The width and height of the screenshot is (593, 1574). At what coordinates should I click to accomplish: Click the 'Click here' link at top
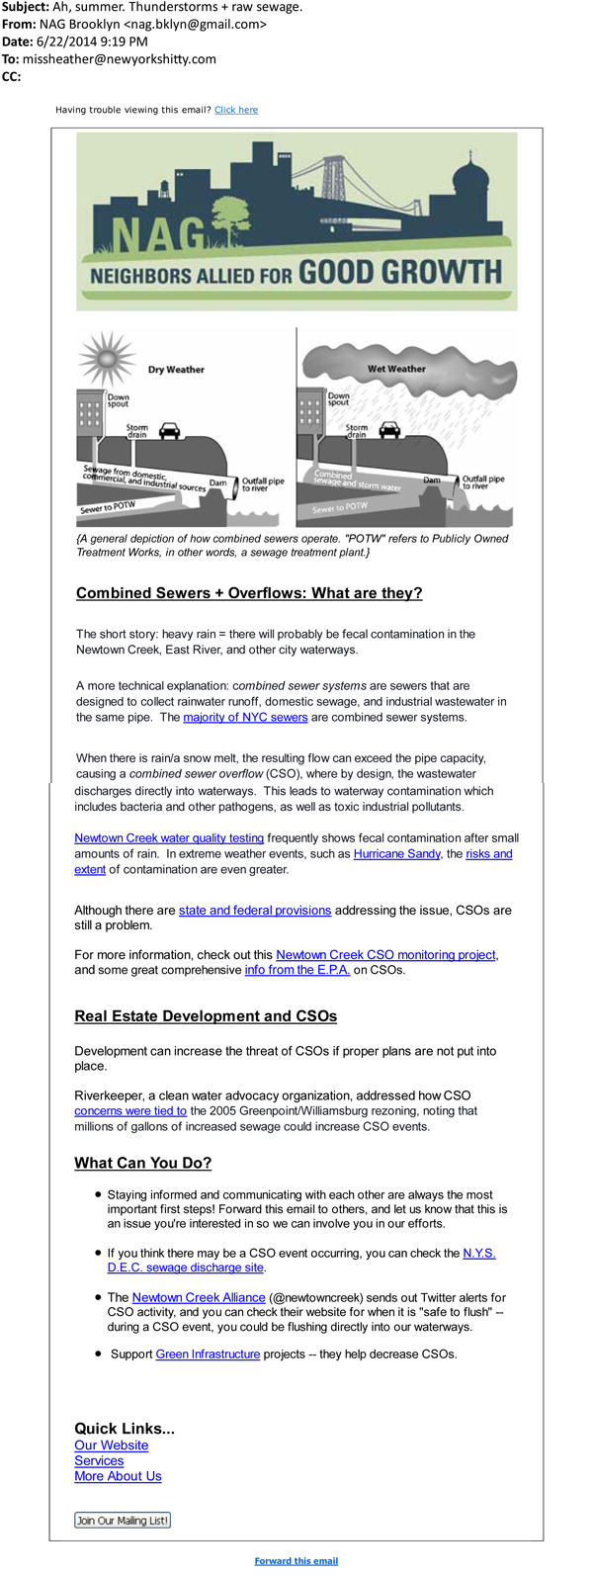pos(236,110)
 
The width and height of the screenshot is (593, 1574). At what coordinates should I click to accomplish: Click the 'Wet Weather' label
pos(396,369)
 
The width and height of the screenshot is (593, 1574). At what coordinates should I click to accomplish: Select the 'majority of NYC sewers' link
pos(245,717)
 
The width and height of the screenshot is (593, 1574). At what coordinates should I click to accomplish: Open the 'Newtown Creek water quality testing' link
pos(169,837)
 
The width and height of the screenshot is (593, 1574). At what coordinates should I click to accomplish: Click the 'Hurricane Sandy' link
pos(396,853)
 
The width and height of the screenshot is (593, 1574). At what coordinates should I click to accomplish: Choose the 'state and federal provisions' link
pos(255,910)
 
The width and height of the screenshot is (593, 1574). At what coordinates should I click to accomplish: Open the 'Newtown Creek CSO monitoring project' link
pos(385,954)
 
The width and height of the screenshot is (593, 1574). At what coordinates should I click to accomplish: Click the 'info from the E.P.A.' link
pos(297,970)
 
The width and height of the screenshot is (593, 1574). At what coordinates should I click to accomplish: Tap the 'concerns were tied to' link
pos(130,1110)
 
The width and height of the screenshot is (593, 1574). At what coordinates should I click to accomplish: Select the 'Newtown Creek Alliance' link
pos(199,1297)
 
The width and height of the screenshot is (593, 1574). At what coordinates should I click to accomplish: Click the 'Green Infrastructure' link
pos(208,1354)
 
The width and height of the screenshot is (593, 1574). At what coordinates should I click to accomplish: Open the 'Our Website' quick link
pos(112,1444)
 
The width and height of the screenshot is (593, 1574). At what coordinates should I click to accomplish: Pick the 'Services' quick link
pos(99,1460)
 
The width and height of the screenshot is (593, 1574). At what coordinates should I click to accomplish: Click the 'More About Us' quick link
pos(118,1476)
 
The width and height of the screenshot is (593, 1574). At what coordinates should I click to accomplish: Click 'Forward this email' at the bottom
pos(296,1561)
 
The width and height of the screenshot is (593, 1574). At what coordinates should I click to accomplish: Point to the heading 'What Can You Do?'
pos(143,1163)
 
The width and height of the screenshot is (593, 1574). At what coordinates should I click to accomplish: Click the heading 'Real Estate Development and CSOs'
pos(206,1016)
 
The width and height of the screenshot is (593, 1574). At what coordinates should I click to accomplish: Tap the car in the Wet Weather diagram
pos(390,430)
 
